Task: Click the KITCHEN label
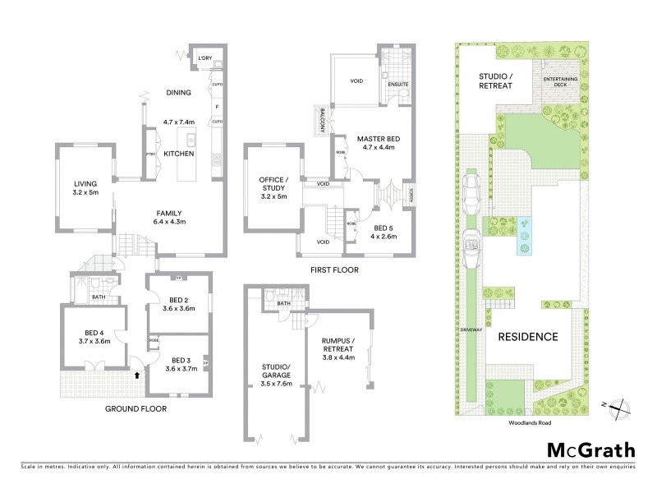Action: point(179,154)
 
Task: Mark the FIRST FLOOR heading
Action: point(332,270)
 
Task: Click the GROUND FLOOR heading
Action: point(136,408)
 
